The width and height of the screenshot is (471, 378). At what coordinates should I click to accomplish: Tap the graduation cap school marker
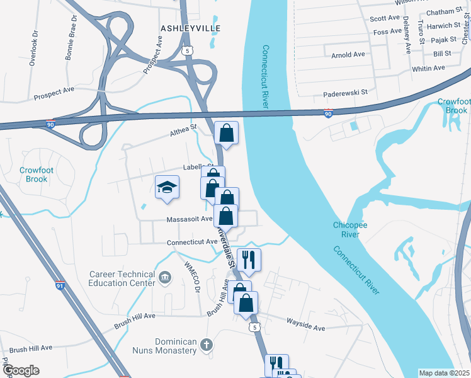point(167,187)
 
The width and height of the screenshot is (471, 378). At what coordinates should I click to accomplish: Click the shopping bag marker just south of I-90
point(227,134)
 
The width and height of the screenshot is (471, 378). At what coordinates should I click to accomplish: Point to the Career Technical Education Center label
point(122,278)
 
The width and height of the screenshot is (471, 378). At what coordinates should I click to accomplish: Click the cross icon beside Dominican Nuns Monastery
point(207,345)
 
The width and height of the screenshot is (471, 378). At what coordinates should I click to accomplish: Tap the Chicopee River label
point(346,229)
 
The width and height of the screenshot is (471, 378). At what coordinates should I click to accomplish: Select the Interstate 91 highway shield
point(60,285)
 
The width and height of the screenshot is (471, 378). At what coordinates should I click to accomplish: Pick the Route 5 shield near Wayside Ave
point(254,328)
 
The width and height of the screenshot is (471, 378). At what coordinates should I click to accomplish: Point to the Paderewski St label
point(345,92)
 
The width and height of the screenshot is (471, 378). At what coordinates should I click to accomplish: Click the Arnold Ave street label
point(348,55)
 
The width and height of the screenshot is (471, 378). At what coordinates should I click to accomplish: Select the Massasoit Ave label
point(189,219)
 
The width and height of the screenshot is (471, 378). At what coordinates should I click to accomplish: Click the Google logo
point(21,370)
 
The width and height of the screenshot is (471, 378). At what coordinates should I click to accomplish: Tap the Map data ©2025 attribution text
point(444,373)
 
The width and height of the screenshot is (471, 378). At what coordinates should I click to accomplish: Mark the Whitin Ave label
point(429,68)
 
